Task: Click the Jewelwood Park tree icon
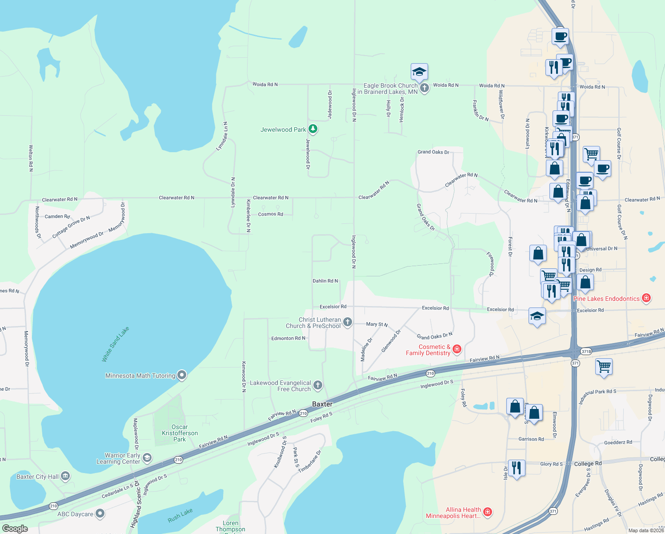pyautogui.click(x=313, y=129)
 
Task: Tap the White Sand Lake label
pyautogui.click(x=115, y=344)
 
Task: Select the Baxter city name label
pyautogui.click(x=322, y=404)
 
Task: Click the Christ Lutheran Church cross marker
pyautogui.click(x=348, y=322)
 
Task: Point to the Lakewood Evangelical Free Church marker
pyautogui.click(x=317, y=385)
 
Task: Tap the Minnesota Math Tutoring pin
pyautogui.click(x=181, y=375)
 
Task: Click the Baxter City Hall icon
pyautogui.click(x=65, y=476)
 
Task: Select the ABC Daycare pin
pyautogui.click(x=100, y=514)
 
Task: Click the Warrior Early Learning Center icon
pyautogui.click(x=147, y=457)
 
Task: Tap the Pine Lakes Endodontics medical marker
pyautogui.click(x=646, y=298)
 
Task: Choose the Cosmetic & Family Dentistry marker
pyautogui.click(x=457, y=349)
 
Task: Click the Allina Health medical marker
pyautogui.click(x=487, y=512)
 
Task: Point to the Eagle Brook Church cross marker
pyautogui.click(x=425, y=88)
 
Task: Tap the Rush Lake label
pyautogui.click(x=180, y=515)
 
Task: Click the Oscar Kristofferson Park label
pyautogui.click(x=180, y=433)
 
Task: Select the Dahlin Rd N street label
pyautogui.click(x=325, y=281)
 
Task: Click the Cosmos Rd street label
pyautogui.click(x=270, y=214)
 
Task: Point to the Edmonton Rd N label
pyautogui.click(x=288, y=338)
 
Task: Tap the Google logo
pyautogui.click(x=15, y=528)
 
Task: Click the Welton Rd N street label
pyautogui.click(x=31, y=158)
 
